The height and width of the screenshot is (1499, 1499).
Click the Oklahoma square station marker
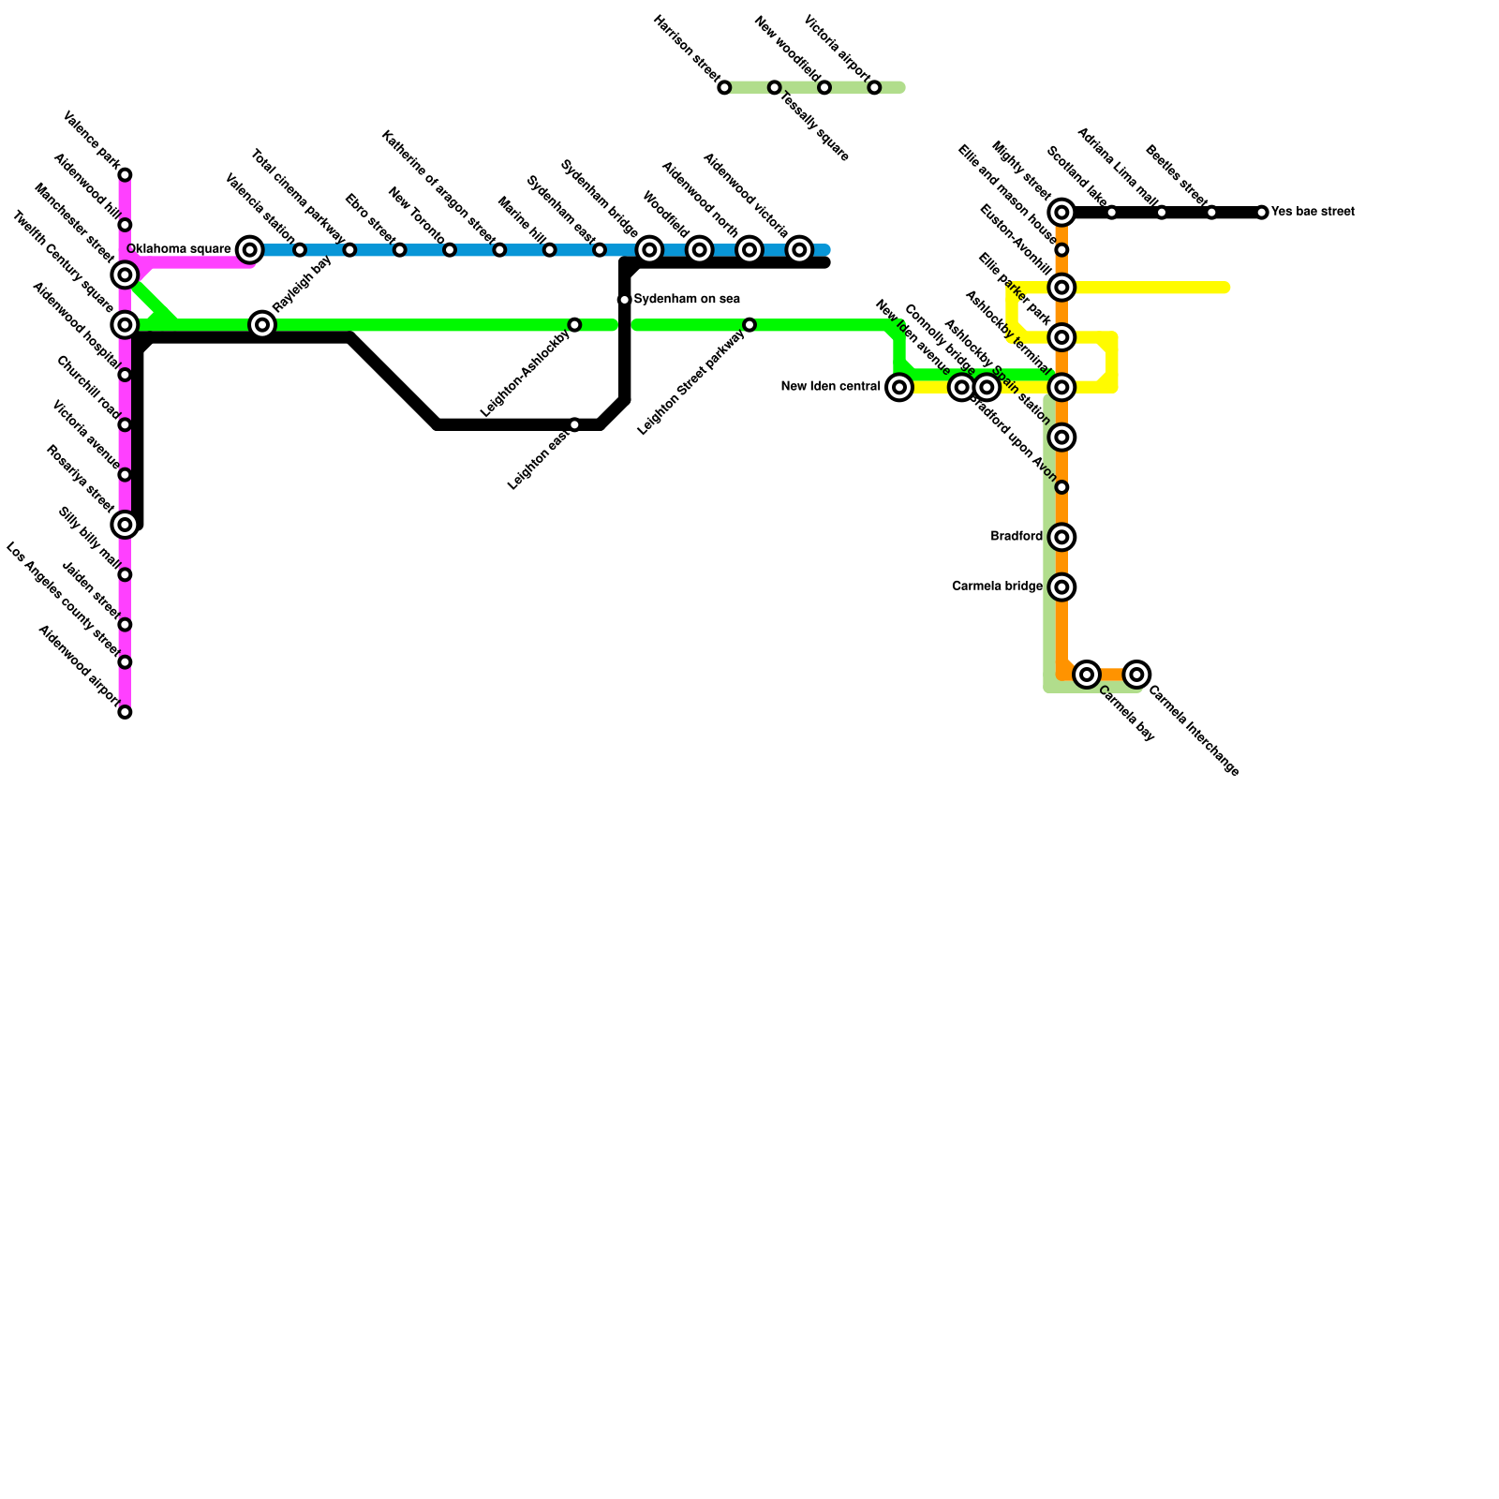click(249, 249)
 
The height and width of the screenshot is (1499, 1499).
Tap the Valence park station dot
click(125, 175)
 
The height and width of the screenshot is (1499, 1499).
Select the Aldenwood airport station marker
click(125, 712)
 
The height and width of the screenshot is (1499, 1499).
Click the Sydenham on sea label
click(687, 300)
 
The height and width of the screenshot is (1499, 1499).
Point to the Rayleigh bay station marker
click(263, 325)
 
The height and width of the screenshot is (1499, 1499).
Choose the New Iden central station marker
click(899, 387)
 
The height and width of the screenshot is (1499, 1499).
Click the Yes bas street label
click(1312, 213)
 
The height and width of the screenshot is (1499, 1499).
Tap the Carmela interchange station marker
click(1136, 675)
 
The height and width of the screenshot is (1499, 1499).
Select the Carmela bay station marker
click(1087, 675)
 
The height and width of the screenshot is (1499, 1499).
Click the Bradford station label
click(1017, 537)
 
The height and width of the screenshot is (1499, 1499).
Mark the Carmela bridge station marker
click(1061, 587)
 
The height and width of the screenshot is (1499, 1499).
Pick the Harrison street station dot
click(724, 88)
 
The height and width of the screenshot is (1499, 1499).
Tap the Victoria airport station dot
click(874, 88)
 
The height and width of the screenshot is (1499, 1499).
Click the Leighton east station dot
click(574, 425)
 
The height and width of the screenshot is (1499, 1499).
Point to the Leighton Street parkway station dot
click(749, 325)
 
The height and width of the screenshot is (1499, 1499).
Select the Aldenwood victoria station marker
click(799, 249)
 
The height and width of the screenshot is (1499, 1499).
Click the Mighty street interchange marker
click(1061, 213)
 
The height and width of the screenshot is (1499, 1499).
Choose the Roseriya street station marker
click(125, 525)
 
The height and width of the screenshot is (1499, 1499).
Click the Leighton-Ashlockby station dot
click(574, 325)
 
